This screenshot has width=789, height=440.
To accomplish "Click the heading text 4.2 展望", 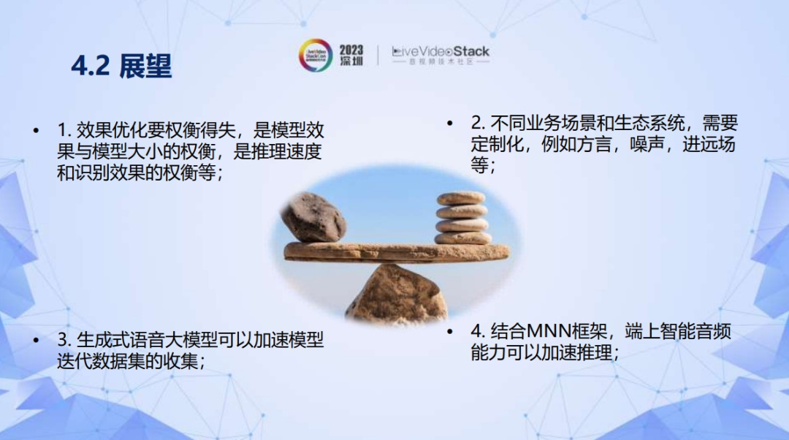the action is click(121, 66).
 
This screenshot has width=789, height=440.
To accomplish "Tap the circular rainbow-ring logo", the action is click(316, 56).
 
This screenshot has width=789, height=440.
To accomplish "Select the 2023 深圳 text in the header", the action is click(351, 56).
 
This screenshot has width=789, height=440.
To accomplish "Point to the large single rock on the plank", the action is click(313, 217).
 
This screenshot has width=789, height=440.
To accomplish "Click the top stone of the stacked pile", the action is click(461, 198).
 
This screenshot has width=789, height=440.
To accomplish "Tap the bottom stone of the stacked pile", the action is click(463, 238).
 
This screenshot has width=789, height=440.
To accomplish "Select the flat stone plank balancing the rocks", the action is click(397, 252).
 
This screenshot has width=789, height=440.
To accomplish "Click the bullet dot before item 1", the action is click(36, 131).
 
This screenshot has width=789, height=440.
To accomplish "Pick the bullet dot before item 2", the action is click(449, 123).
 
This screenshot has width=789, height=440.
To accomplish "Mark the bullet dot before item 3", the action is click(36, 341).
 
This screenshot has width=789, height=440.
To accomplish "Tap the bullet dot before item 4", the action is click(449, 331).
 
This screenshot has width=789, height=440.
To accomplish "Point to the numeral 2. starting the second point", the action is click(479, 123).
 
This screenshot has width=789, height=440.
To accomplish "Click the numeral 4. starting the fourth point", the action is click(479, 331).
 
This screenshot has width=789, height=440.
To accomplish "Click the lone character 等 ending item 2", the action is click(479, 164).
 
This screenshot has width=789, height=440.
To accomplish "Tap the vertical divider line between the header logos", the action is click(378, 56).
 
